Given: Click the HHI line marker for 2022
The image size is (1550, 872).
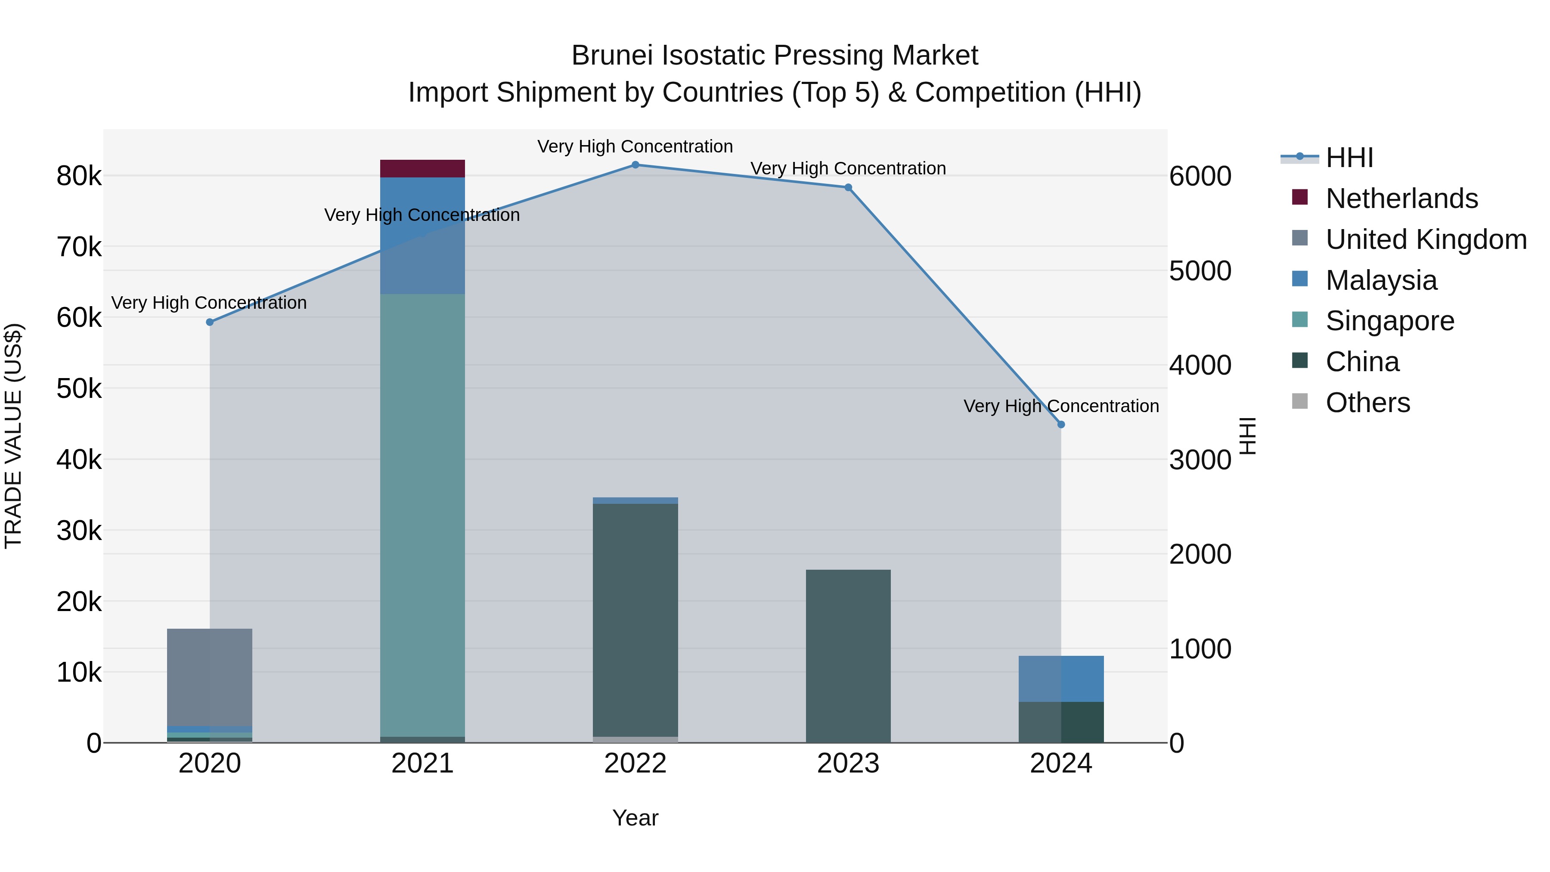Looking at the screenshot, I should (635, 165).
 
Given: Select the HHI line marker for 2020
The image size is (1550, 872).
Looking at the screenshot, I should (210, 323).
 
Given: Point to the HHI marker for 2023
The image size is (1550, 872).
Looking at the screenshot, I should (848, 188).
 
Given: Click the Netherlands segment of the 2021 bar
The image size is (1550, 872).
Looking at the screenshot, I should (422, 168).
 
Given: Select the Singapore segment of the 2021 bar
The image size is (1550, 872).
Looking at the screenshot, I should (422, 512).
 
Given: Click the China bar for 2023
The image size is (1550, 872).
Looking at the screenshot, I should (848, 656).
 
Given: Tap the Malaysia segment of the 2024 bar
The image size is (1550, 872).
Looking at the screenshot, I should (1061, 679).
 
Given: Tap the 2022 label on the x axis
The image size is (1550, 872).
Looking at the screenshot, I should (635, 763).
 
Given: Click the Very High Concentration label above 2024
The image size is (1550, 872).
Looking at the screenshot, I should (1061, 406).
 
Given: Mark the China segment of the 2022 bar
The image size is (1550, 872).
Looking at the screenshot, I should (635, 620).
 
